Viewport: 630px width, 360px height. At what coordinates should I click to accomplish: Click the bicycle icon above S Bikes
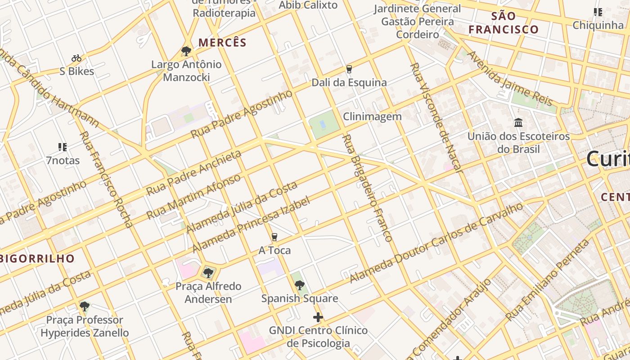tap(76, 58)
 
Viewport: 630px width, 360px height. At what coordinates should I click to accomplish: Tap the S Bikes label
tap(77, 71)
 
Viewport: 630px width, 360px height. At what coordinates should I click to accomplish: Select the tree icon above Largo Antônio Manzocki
tap(186, 51)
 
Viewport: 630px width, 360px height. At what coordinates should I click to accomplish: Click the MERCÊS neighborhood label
tap(222, 43)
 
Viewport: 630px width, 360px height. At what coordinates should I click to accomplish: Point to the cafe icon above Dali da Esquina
tap(349, 69)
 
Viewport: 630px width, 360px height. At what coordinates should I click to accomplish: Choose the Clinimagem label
tap(372, 117)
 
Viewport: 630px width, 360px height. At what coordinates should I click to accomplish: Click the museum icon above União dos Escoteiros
tap(518, 122)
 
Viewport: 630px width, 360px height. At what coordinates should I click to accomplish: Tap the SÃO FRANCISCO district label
tap(504, 23)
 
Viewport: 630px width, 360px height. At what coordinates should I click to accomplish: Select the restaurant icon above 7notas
tap(63, 147)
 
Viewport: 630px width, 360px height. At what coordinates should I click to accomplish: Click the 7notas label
tap(63, 160)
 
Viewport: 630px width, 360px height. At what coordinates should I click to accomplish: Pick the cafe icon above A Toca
tap(274, 237)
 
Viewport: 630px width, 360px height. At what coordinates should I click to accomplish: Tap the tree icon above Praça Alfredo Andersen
tap(208, 272)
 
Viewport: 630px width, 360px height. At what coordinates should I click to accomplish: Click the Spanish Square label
tap(300, 298)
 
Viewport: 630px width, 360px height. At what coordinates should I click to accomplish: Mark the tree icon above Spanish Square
tap(299, 285)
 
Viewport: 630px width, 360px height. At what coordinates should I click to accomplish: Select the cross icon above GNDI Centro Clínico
tap(318, 317)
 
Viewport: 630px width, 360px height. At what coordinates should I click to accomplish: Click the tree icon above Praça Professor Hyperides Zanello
tap(84, 306)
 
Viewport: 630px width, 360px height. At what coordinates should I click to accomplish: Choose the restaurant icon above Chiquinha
tap(598, 12)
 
